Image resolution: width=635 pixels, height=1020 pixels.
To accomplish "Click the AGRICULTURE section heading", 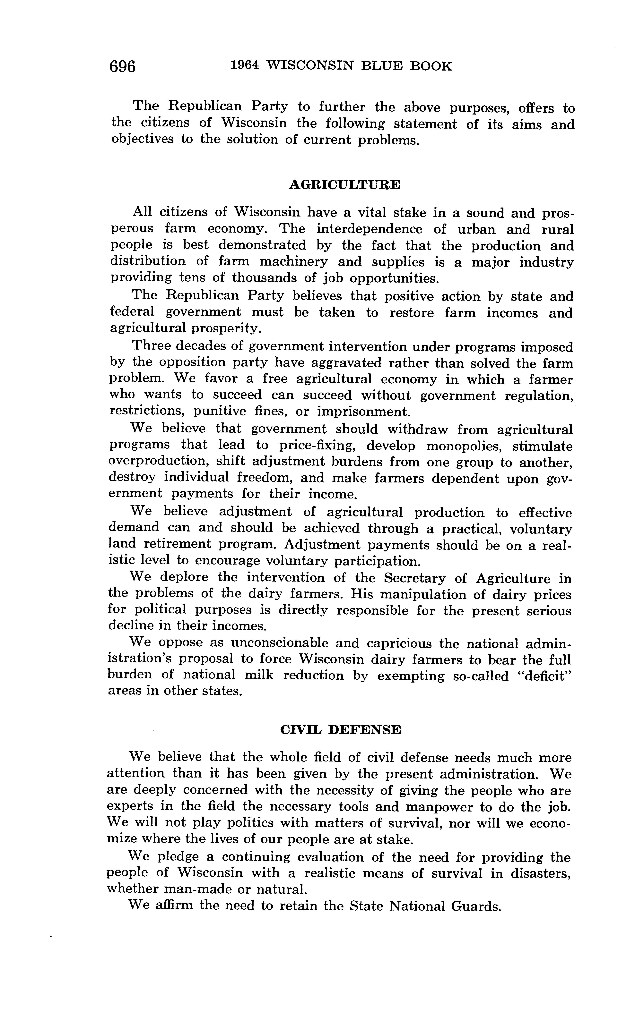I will coord(344,185).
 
